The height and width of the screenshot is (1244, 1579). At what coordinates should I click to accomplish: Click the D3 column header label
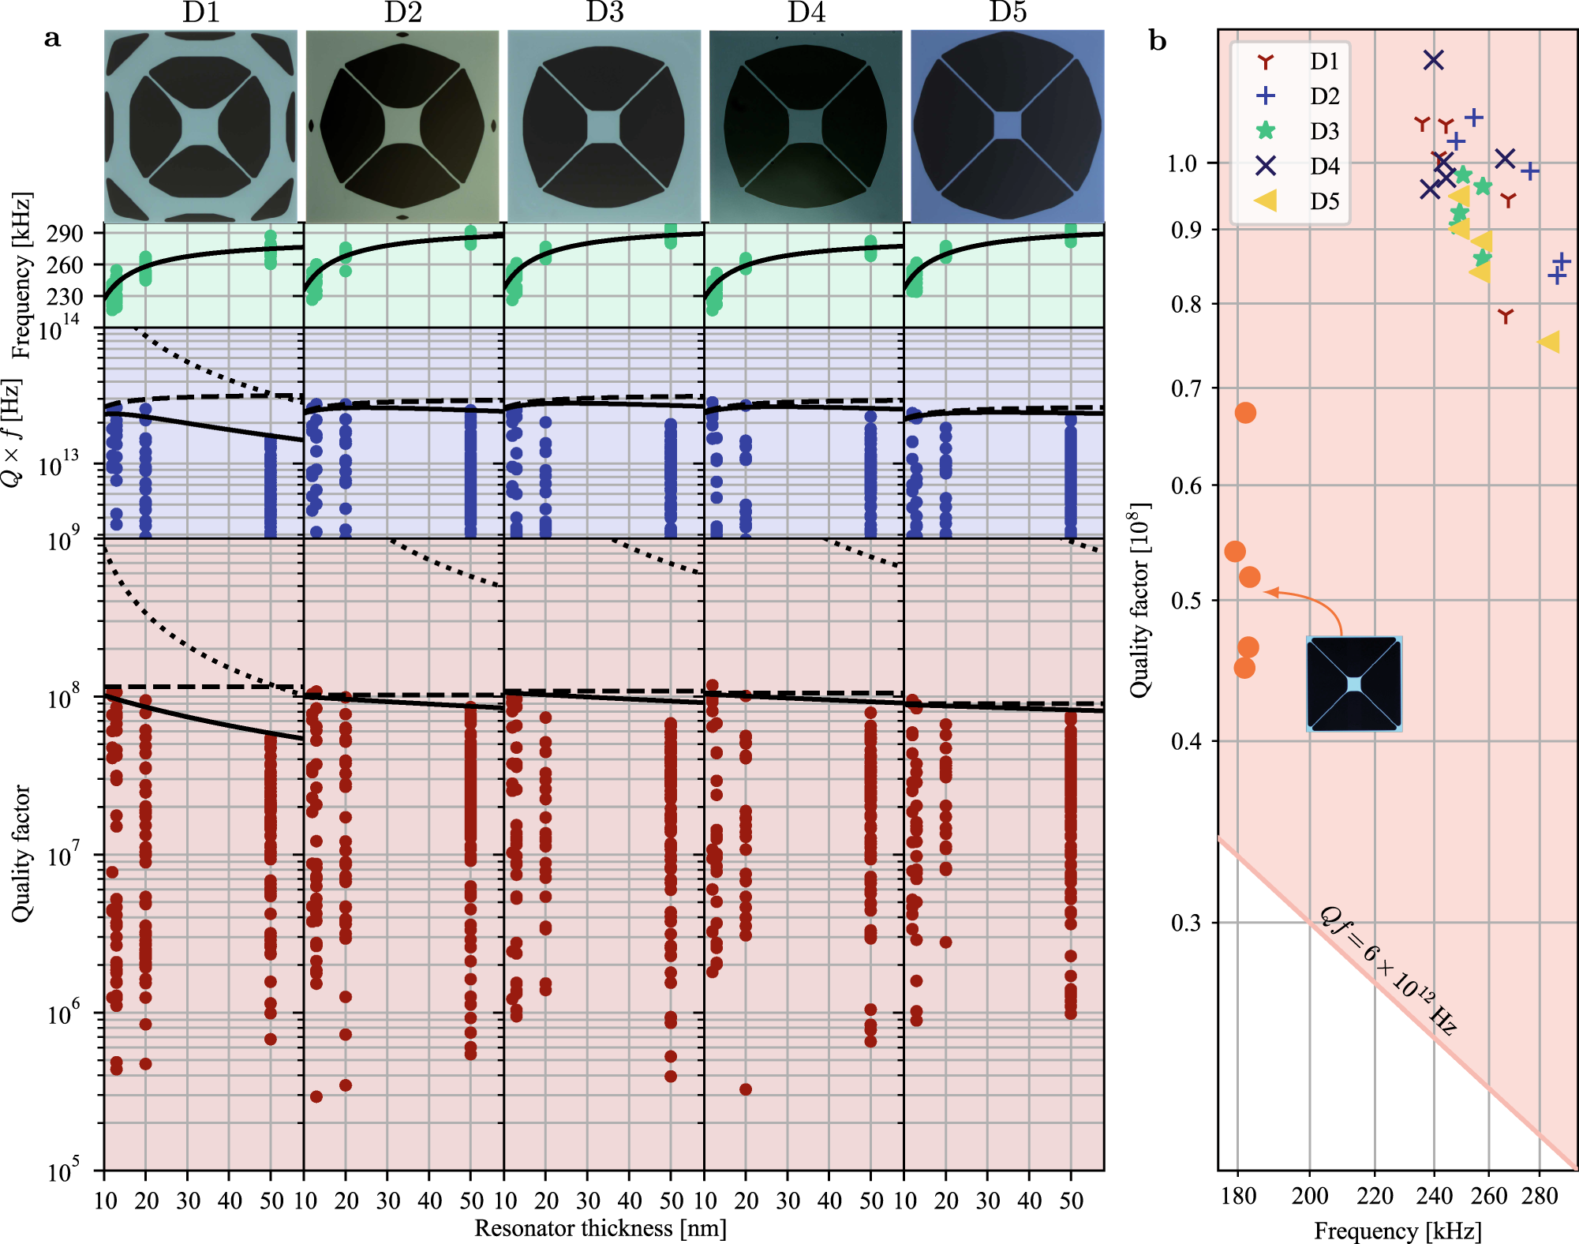pyautogui.click(x=604, y=13)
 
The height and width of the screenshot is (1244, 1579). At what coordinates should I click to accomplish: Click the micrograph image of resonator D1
pyautogui.click(x=201, y=126)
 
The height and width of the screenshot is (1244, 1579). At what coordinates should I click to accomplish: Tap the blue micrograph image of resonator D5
pyautogui.click(x=1007, y=126)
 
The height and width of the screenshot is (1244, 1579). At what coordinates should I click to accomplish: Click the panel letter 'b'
pyautogui.click(x=1157, y=41)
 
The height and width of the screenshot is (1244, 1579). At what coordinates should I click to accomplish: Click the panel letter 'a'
pyautogui.click(x=52, y=38)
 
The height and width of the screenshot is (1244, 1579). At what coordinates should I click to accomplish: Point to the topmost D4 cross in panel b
pyautogui.click(x=1433, y=60)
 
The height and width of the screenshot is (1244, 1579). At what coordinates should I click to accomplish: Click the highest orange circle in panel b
pyautogui.click(x=1245, y=413)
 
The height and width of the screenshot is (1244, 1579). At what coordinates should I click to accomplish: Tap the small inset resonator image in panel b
pyautogui.click(x=1354, y=684)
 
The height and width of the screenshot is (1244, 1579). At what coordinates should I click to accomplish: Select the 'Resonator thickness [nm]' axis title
pyautogui.click(x=600, y=1228)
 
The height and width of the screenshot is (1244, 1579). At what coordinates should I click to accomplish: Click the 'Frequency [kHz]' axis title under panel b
pyautogui.click(x=1398, y=1231)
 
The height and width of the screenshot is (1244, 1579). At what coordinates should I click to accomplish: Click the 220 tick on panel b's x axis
pyautogui.click(x=1375, y=1197)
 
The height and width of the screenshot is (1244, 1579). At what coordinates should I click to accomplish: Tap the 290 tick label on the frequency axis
pyautogui.click(x=65, y=234)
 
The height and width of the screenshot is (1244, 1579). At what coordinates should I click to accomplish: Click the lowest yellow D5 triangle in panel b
pyautogui.click(x=1548, y=342)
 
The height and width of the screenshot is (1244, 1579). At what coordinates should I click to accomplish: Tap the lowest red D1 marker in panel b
pyautogui.click(x=1506, y=317)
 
